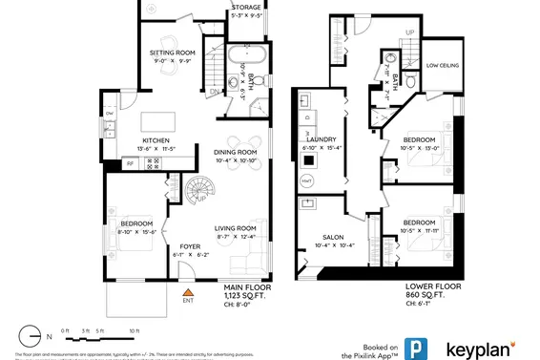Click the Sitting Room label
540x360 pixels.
pyautogui.click(x=172, y=53)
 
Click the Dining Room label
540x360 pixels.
pyautogui.click(x=234, y=153)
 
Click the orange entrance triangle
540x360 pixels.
pyautogui.click(x=188, y=290)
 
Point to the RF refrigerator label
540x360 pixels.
pyautogui.click(x=131, y=163)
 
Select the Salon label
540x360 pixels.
pyautogui.click(x=332, y=237)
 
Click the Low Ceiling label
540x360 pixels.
pyautogui.click(x=446, y=67)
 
